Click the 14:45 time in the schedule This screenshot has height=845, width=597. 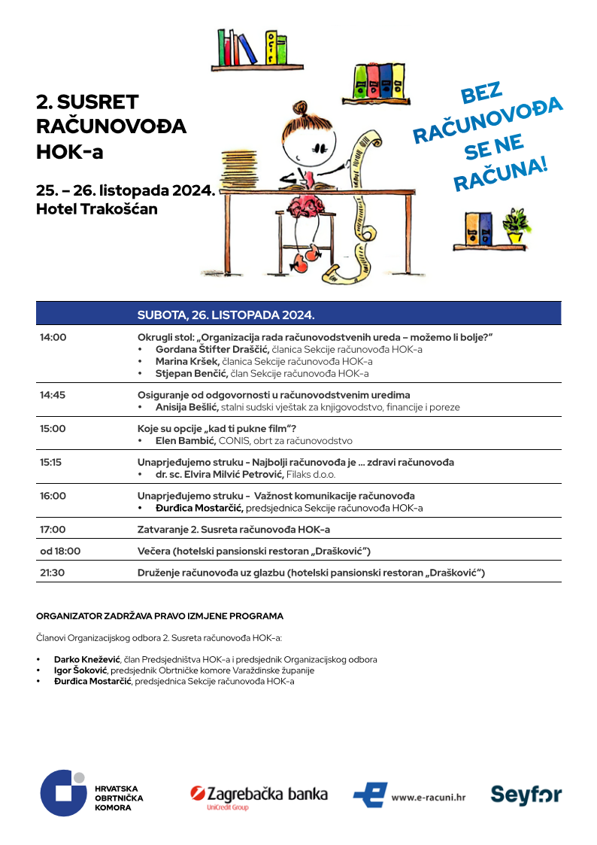click(53, 395)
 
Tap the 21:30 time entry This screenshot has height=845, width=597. click(53, 573)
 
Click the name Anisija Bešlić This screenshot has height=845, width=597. click(186, 407)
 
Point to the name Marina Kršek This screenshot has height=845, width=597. click(187, 362)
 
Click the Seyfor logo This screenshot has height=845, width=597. click(526, 795)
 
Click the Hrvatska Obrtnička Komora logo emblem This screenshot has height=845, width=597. click(63, 793)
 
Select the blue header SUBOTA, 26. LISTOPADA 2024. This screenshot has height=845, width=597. click(226, 314)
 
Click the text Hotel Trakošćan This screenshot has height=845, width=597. click(97, 210)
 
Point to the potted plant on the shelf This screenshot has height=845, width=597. click(517, 225)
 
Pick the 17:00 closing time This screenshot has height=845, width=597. click(53, 529)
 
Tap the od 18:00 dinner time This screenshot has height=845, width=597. click(60, 551)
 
